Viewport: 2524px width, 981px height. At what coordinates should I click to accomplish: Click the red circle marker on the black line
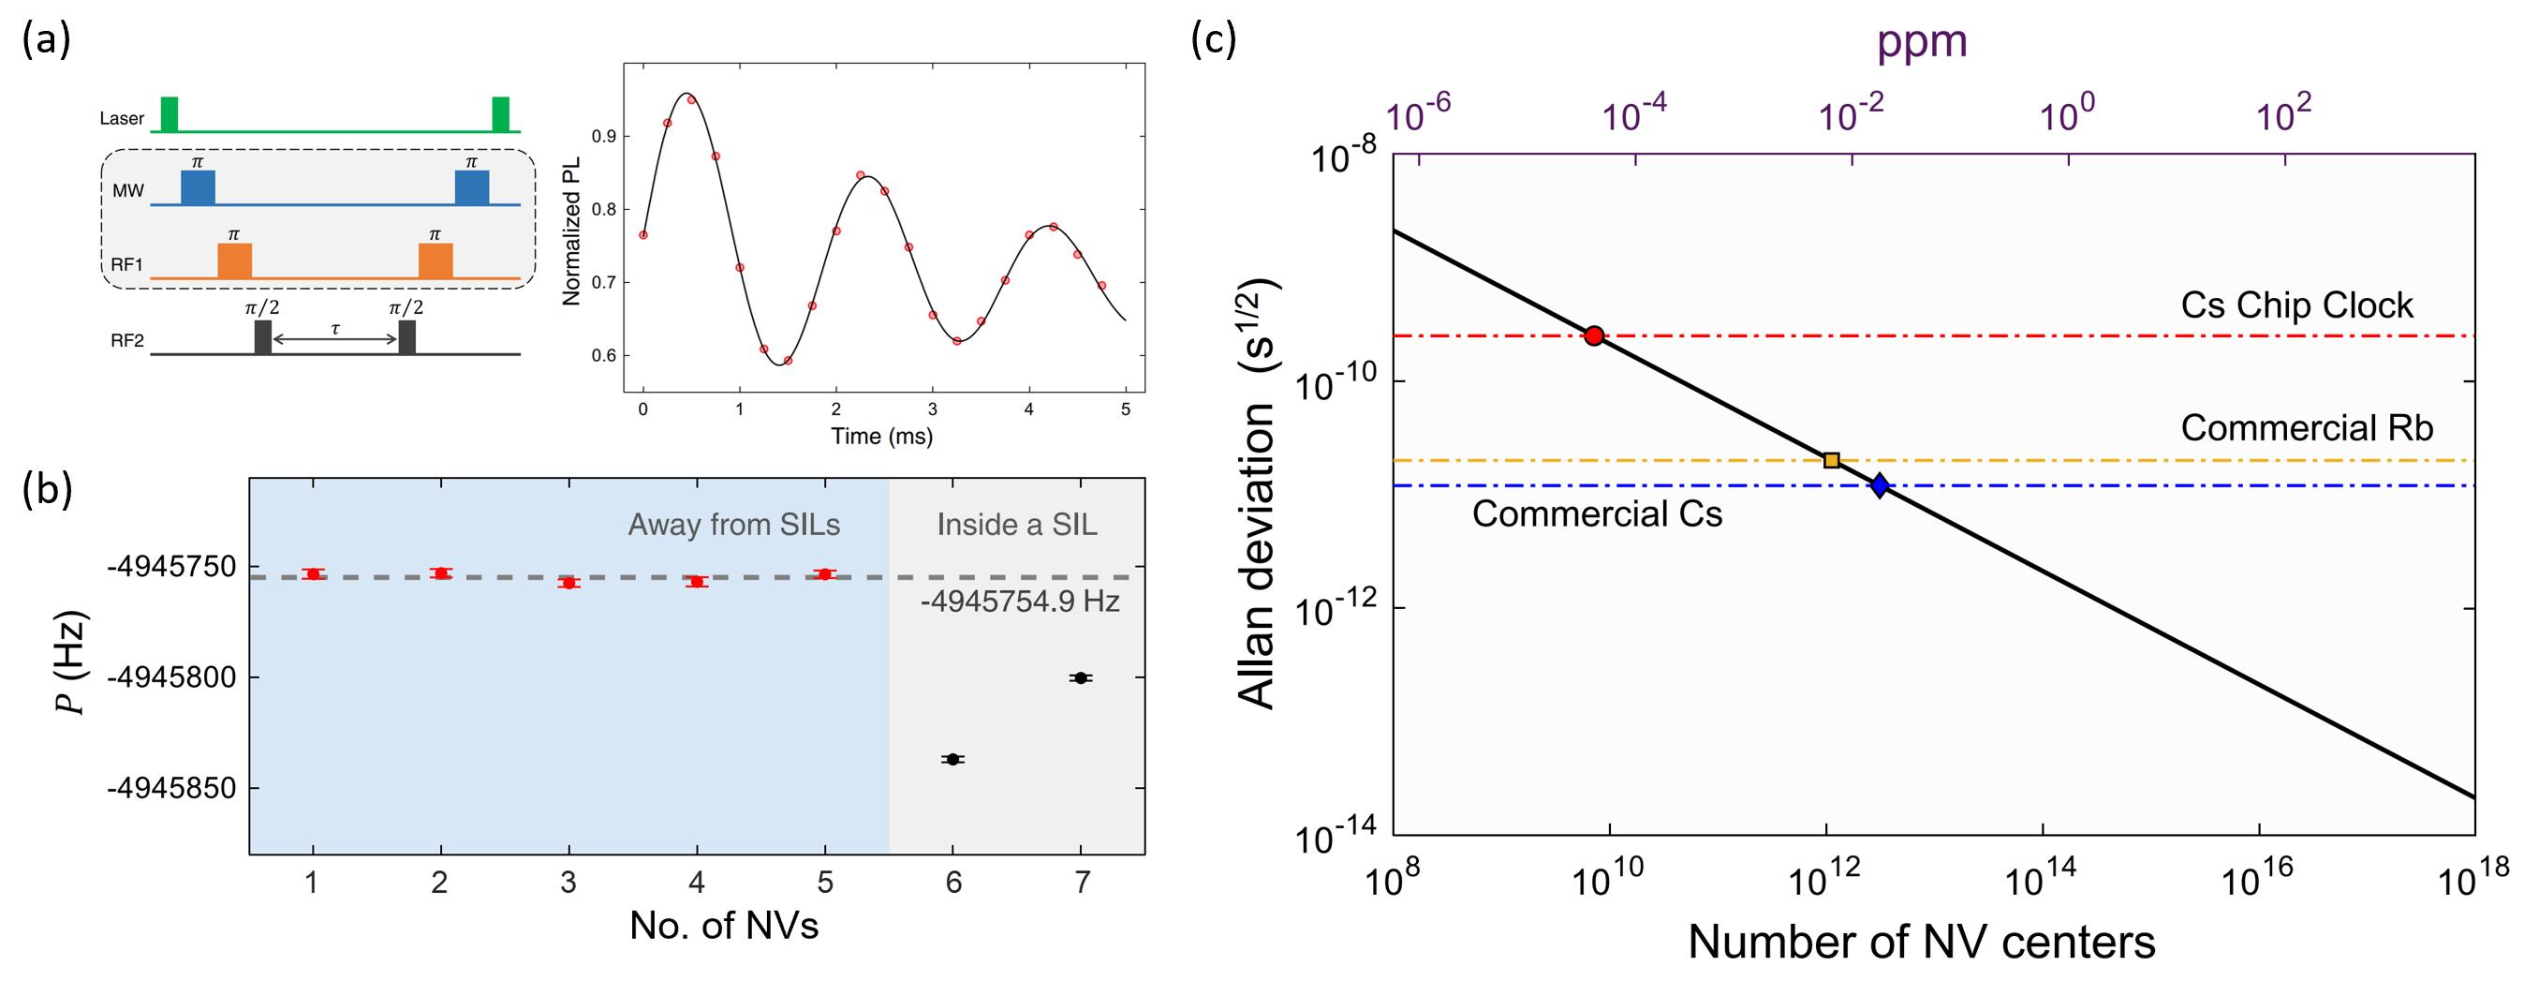point(1594,336)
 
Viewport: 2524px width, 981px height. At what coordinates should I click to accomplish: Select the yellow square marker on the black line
point(1831,460)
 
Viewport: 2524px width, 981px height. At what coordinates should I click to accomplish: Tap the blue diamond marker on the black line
point(1880,484)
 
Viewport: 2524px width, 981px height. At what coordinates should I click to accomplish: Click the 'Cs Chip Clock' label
point(2296,305)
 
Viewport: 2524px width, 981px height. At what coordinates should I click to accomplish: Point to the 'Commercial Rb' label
point(2307,427)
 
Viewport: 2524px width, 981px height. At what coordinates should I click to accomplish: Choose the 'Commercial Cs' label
point(1596,513)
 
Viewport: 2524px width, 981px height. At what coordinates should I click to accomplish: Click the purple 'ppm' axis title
point(1922,41)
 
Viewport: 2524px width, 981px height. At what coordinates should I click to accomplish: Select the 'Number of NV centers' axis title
point(1922,941)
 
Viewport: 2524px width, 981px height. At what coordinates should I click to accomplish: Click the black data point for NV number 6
point(952,760)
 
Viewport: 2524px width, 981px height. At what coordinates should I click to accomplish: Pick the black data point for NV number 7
point(1081,678)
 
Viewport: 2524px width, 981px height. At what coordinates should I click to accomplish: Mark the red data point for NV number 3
point(568,582)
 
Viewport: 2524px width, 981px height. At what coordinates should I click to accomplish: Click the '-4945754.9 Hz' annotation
point(1020,601)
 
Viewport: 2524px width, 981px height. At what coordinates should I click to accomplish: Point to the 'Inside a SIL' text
point(1017,526)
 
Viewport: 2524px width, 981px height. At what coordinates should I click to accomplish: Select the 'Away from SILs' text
point(734,526)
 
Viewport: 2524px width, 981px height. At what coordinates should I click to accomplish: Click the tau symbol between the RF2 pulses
point(335,328)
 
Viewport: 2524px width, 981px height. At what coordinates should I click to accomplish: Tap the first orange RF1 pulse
point(234,260)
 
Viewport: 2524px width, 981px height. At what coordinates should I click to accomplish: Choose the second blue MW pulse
point(471,187)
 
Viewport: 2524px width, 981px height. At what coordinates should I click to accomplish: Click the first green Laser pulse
point(170,113)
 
